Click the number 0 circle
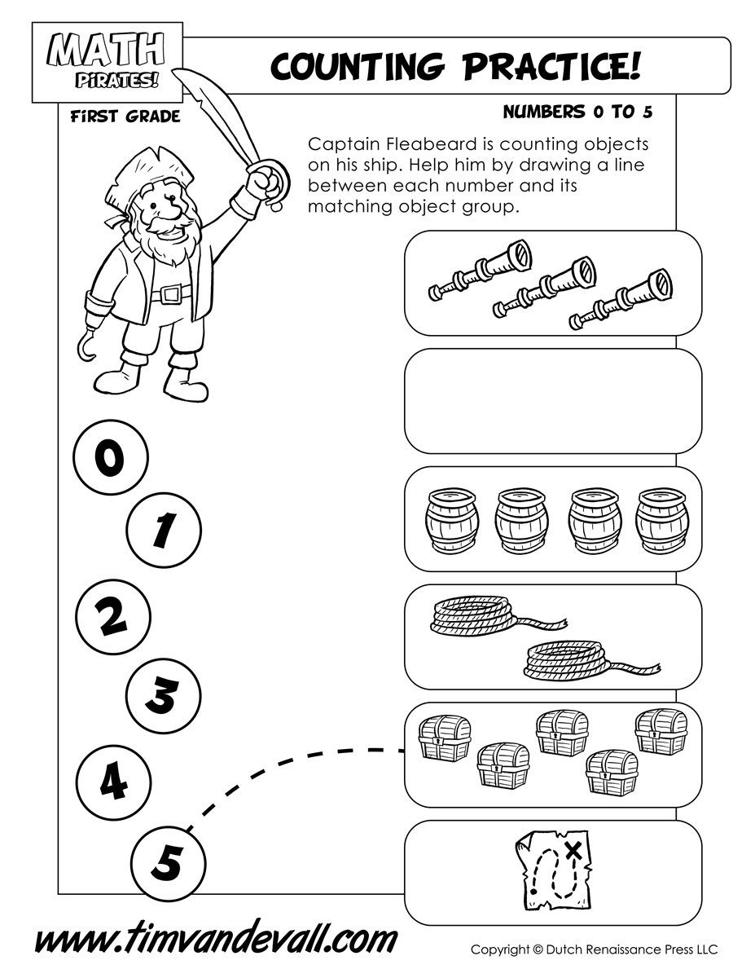pyautogui.click(x=110, y=459)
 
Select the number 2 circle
pyautogui.click(x=112, y=617)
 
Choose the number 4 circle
pyautogui.click(x=113, y=782)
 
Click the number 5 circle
pyautogui.click(x=169, y=861)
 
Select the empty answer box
pyautogui.click(x=553, y=400)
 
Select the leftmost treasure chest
pyautogui.click(x=444, y=738)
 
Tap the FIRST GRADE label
pyautogui.click(x=125, y=117)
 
